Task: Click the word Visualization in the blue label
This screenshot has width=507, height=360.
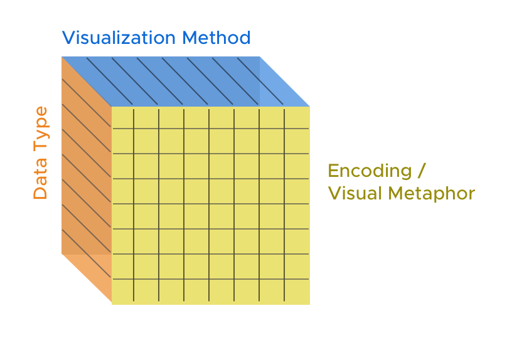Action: point(119,38)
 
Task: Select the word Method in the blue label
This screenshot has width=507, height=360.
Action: point(216,38)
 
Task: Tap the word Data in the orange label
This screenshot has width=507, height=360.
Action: point(40,178)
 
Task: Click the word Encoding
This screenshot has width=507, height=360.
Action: point(370,171)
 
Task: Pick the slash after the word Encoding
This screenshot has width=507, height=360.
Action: point(421,171)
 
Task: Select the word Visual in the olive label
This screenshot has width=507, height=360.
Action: point(355,193)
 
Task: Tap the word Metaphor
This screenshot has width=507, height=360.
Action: point(431,194)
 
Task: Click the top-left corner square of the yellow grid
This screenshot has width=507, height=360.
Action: point(122,118)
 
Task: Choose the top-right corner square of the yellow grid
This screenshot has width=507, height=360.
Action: point(297,118)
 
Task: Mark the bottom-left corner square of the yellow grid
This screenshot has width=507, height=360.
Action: point(122,292)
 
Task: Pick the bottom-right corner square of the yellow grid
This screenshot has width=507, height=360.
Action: point(297,292)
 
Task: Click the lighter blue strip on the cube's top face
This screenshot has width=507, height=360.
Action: point(284,82)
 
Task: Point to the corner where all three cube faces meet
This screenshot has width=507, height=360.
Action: point(112,107)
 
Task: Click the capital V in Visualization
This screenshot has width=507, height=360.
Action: point(69,38)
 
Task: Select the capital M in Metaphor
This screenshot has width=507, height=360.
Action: point(396,193)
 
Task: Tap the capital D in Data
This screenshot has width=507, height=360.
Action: point(40,193)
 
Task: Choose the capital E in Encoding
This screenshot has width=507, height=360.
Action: point(334,171)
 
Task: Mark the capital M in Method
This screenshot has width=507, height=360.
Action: point(190,38)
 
